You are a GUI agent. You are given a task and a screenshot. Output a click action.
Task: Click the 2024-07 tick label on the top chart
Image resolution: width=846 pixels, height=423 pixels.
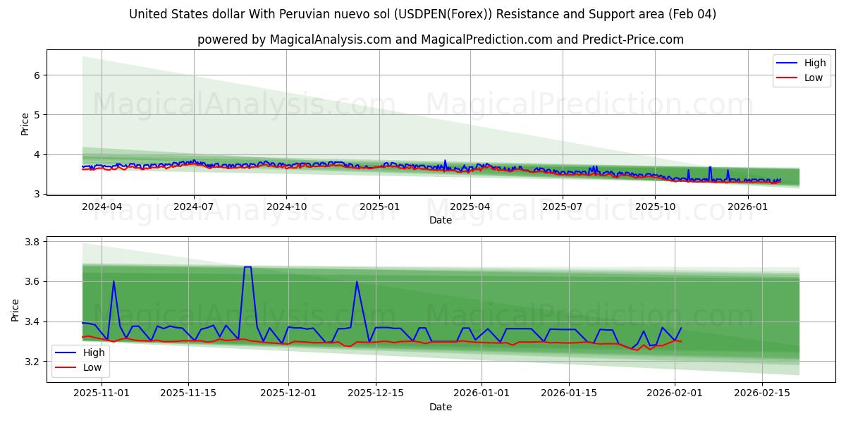tap(194, 207)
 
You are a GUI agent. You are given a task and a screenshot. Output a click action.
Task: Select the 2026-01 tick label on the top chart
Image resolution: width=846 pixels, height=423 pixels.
tap(747, 207)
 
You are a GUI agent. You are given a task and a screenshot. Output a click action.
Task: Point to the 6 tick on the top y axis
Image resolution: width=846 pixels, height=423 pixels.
tap(36, 75)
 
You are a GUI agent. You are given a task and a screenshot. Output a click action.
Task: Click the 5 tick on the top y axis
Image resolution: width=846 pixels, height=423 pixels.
tap(36, 114)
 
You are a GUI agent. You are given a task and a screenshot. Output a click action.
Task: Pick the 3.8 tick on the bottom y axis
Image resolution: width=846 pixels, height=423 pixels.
tap(31, 242)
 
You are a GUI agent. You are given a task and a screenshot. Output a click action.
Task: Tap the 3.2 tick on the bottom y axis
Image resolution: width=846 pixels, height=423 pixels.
tap(31, 362)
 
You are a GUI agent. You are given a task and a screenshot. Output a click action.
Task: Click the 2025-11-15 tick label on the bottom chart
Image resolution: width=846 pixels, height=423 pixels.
tap(188, 393)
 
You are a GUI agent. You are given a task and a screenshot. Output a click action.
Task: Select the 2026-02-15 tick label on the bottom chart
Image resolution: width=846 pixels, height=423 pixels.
tap(762, 393)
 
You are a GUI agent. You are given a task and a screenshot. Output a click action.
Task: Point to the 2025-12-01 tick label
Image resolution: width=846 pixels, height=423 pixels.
tap(288, 393)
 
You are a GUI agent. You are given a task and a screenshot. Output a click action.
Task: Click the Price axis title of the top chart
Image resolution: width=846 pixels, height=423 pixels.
tap(25, 124)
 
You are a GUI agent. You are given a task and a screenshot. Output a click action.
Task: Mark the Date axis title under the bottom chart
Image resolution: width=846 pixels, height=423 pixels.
tap(441, 407)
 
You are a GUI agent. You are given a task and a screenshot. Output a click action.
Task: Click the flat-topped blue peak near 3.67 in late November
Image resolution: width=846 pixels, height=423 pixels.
tap(247, 267)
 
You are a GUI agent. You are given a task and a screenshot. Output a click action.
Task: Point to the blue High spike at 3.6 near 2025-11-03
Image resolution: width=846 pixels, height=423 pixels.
tap(114, 282)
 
